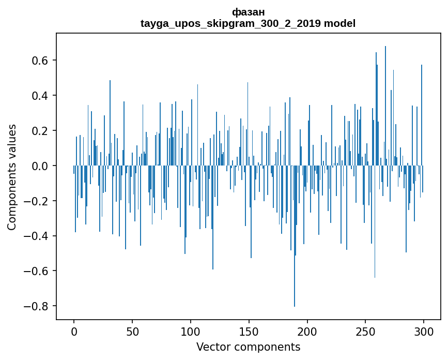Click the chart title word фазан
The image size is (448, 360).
(248, 11)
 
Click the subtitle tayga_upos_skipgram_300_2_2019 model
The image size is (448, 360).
(248, 23)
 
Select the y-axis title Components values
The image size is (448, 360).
(11, 177)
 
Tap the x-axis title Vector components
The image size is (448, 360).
(248, 347)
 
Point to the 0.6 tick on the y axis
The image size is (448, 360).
(40, 61)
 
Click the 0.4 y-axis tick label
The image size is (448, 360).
(40, 96)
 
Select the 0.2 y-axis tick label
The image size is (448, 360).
(40, 131)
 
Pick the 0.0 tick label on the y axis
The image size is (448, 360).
(40, 166)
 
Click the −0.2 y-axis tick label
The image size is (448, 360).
(37, 201)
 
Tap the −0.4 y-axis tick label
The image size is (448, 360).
(37, 236)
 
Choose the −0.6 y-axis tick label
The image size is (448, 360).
(37, 271)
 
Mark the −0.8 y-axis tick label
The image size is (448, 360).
(37, 306)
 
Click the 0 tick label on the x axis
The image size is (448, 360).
(74, 331)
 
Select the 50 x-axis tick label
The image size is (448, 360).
(132, 331)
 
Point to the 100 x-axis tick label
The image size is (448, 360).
(191, 331)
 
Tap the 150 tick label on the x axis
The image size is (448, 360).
(249, 331)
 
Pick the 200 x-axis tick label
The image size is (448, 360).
(307, 331)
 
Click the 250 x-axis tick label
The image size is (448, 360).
(365, 331)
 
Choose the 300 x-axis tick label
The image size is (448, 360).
(424, 331)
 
